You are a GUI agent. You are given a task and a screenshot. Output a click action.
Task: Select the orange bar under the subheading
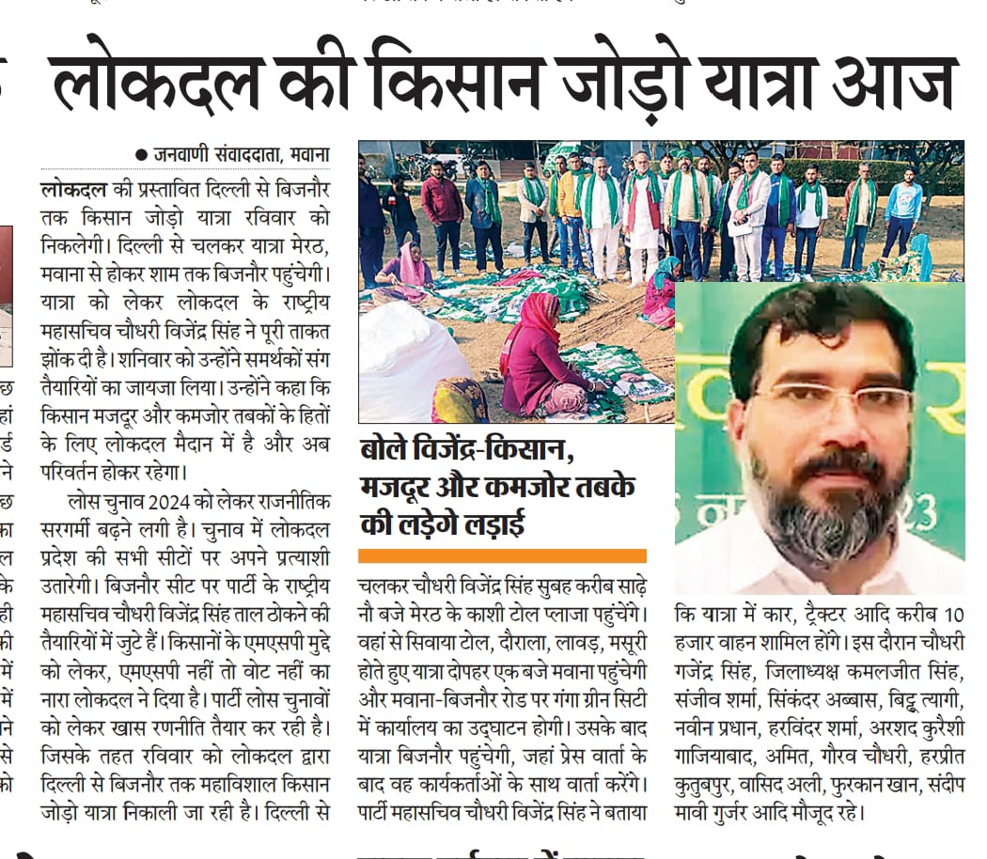(x=502, y=555)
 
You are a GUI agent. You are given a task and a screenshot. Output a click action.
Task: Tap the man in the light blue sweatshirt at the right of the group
(x=902, y=211)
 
